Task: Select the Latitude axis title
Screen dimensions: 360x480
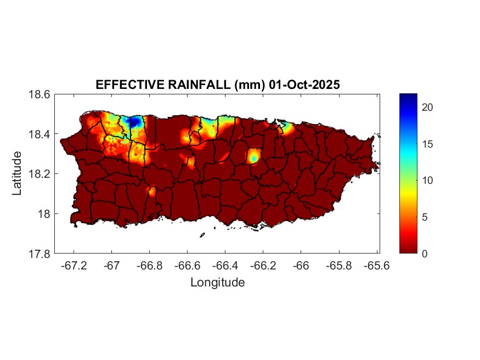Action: click(x=17, y=173)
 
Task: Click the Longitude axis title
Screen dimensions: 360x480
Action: click(x=217, y=283)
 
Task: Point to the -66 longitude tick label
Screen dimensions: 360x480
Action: click(x=301, y=266)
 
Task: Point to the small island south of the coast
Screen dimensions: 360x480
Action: click(x=202, y=235)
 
